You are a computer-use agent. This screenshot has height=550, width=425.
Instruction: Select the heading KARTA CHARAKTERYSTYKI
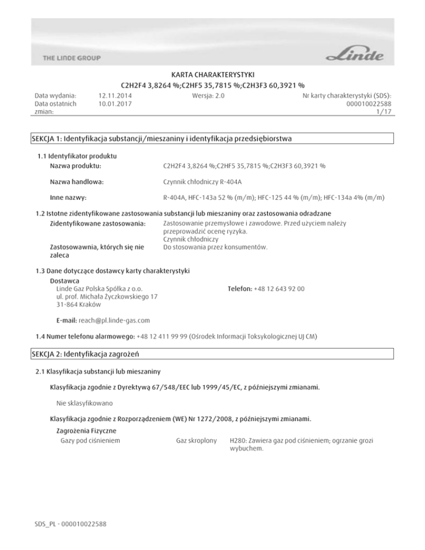coord(212,75)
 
